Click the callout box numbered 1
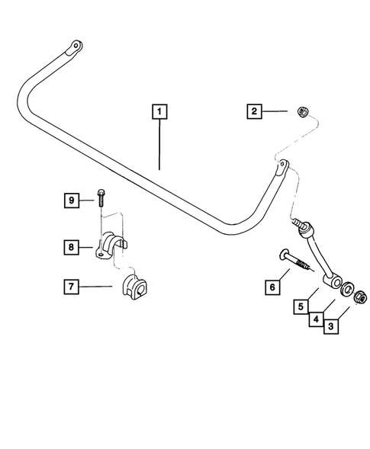pyautogui.click(x=159, y=112)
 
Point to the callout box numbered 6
pyautogui.click(x=271, y=287)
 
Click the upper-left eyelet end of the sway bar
pyautogui.click(x=74, y=47)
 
